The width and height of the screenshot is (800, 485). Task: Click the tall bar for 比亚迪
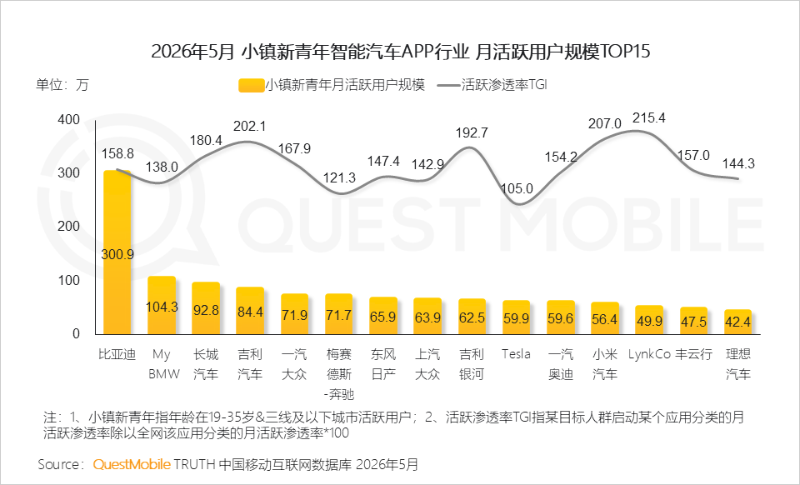click(x=117, y=252)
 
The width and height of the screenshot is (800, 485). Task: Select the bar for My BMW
click(x=162, y=306)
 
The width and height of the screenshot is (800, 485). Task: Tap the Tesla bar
click(x=517, y=317)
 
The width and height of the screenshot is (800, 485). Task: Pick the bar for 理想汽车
click(x=737, y=322)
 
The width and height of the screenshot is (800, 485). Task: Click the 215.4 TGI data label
click(x=649, y=117)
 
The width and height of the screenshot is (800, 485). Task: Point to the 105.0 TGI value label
click(x=517, y=188)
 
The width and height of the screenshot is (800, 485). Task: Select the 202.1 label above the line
click(x=249, y=126)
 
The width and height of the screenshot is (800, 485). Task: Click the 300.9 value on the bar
click(x=117, y=254)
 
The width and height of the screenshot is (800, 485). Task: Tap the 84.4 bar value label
click(x=250, y=311)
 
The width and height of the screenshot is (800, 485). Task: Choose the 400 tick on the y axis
click(x=69, y=120)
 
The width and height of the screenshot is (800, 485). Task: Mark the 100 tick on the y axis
click(x=69, y=281)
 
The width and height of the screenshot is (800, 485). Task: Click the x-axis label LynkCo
click(x=649, y=354)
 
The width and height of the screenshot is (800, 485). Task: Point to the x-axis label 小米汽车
click(x=605, y=364)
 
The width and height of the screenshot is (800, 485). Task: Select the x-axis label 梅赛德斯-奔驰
click(x=339, y=374)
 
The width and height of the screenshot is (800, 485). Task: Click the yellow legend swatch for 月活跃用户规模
click(x=251, y=85)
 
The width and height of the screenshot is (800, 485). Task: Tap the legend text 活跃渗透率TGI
click(x=504, y=85)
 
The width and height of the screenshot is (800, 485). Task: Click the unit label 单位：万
click(x=62, y=85)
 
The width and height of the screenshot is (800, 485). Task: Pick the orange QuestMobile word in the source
click(x=132, y=464)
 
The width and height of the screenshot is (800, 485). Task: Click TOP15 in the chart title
click(x=626, y=52)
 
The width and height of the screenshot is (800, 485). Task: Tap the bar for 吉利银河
click(x=472, y=317)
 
